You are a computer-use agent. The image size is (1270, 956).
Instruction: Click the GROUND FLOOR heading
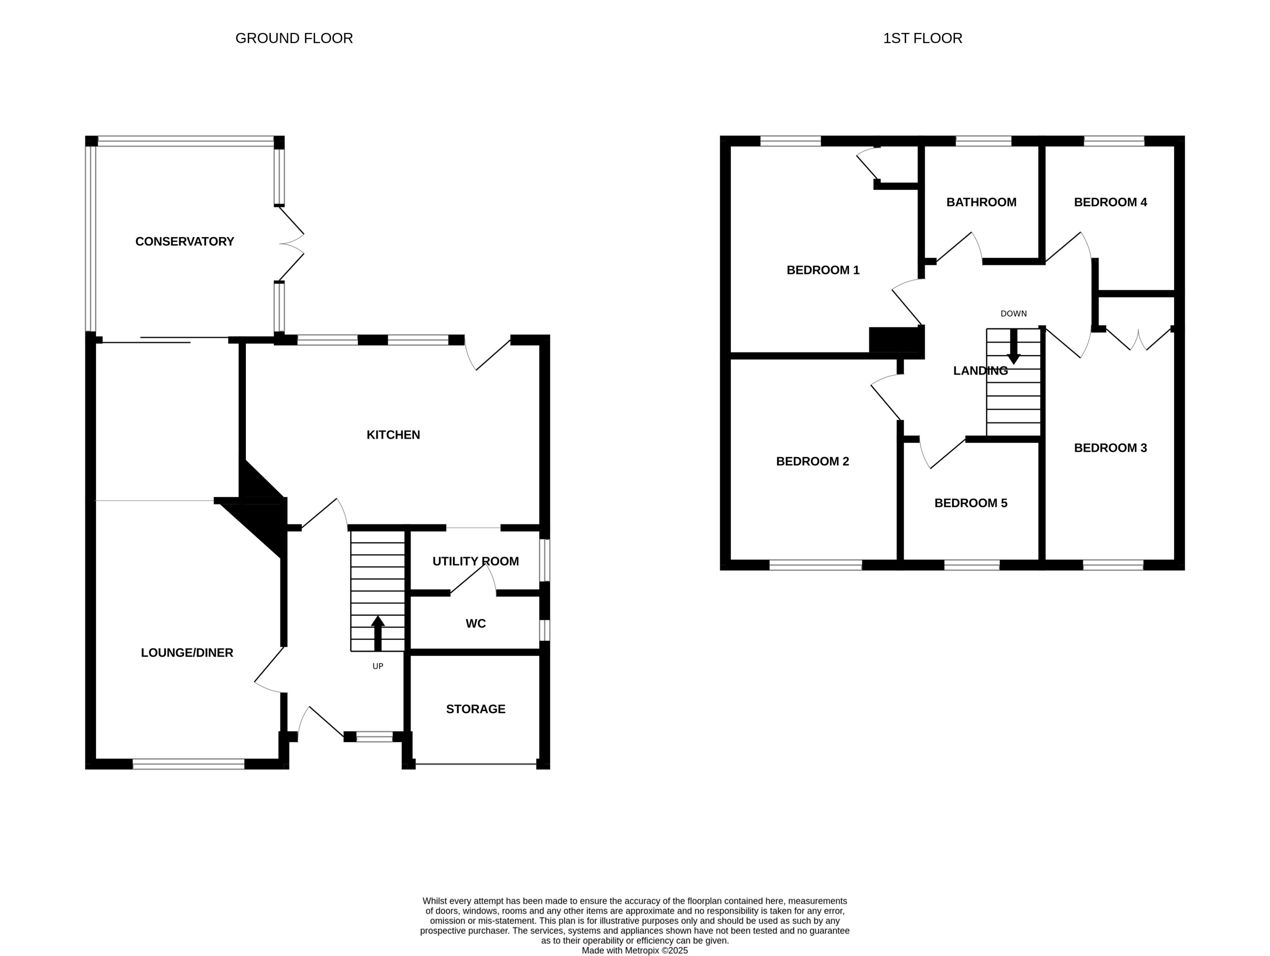[294, 38]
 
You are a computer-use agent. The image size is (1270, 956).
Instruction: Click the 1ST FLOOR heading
[922, 38]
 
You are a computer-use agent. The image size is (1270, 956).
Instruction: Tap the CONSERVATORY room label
[184, 242]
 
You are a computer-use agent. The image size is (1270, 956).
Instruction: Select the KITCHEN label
[393, 435]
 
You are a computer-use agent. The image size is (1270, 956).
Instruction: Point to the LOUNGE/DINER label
[187, 653]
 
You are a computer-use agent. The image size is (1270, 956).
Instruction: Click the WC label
[475, 624]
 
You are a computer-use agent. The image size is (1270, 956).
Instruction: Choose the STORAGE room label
[475, 709]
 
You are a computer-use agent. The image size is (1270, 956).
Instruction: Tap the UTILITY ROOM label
[475, 561]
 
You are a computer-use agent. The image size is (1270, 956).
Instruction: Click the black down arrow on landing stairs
[1013, 347]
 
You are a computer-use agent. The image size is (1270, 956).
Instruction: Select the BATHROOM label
[981, 202]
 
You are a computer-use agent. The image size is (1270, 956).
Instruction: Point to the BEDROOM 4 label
[1110, 202]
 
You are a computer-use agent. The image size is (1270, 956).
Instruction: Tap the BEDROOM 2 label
[812, 461]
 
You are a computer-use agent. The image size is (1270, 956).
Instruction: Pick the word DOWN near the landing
[1013, 313]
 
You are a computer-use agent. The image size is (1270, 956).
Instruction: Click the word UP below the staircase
[378, 666]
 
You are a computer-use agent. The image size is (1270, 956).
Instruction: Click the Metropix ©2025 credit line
[634, 950]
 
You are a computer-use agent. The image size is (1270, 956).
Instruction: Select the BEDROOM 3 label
[1110, 448]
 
